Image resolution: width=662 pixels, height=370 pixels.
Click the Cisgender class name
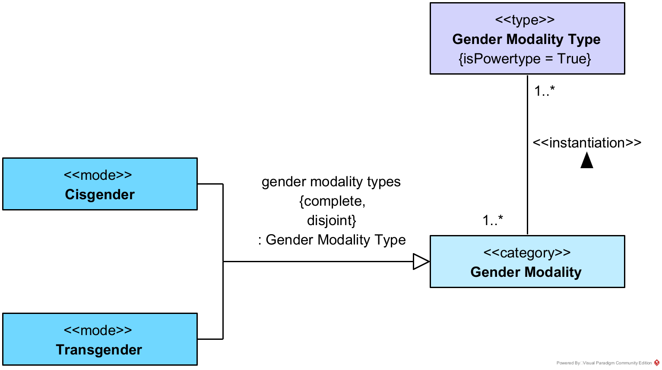tap(100, 194)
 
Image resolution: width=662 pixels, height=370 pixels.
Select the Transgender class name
tap(99, 350)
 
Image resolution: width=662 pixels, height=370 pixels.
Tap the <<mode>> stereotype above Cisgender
tap(98, 175)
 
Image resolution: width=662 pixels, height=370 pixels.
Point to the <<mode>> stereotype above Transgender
tap(98, 330)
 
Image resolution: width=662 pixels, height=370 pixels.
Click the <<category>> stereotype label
tap(527, 253)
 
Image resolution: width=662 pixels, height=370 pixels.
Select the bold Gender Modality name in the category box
tap(526, 272)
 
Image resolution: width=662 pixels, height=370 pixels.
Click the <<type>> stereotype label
tap(525, 20)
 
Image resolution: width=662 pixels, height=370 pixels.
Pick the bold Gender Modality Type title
tap(526, 39)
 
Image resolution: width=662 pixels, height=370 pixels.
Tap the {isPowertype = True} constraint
tap(525, 59)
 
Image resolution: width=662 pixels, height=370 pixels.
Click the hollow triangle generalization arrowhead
tap(421, 261)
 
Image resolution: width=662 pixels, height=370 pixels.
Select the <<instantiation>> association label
tap(587, 143)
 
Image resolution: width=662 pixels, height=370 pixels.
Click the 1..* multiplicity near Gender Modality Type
tap(544, 91)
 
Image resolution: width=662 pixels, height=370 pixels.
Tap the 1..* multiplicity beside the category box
tap(492, 220)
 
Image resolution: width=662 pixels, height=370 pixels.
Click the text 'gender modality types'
tap(331, 182)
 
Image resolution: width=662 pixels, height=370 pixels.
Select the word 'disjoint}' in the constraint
tap(331, 220)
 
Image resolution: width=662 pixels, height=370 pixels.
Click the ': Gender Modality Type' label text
tap(332, 240)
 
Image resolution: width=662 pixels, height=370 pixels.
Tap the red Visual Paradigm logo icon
tap(657, 363)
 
